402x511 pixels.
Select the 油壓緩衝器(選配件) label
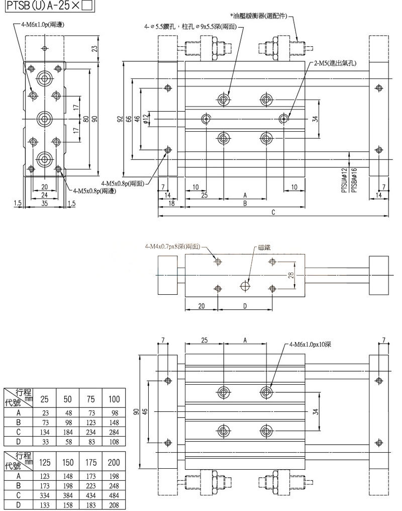click(264, 16)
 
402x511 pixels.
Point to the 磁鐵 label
click(264, 248)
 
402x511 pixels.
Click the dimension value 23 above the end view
click(94, 49)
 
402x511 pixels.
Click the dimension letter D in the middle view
click(245, 305)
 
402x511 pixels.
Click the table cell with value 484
click(114, 497)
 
